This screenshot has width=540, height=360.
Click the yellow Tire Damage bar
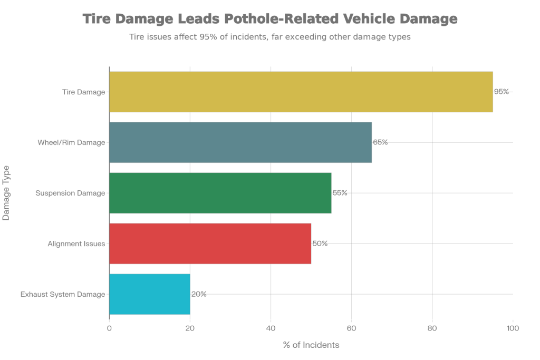[301, 92]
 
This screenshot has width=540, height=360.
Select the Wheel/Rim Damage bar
[240, 142]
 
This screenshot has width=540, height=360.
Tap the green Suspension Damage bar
[220, 193]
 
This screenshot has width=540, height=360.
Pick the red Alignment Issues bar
[210, 244]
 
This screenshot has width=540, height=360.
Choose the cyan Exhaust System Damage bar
[149, 294]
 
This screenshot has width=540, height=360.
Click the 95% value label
[501, 92]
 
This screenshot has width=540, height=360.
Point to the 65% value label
[380, 142]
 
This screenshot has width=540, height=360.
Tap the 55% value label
[340, 193]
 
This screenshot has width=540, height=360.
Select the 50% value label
[320, 244]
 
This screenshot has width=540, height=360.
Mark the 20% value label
[198, 294]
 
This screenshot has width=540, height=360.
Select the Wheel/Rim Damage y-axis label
[71, 142]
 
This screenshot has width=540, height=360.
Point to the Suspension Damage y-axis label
[70, 193]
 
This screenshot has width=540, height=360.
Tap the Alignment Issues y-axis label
[76, 244]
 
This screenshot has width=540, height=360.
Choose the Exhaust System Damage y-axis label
[63, 294]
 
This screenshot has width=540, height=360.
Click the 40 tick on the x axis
[271, 328]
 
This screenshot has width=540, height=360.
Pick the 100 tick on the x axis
[513, 328]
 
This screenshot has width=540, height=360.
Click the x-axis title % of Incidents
[311, 345]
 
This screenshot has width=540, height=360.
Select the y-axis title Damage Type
[6, 193]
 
